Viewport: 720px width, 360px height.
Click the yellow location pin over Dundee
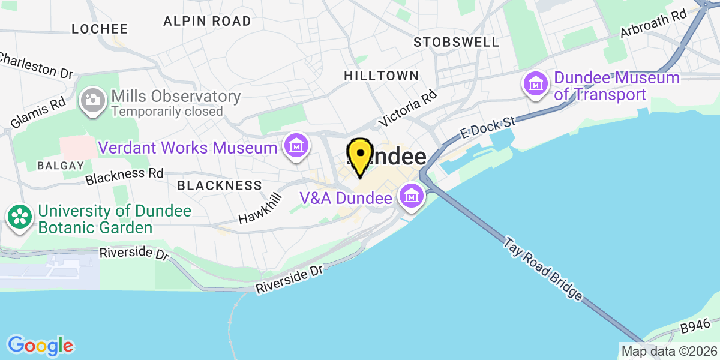click(x=360, y=155)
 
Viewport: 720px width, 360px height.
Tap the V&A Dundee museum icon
click(x=412, y=195)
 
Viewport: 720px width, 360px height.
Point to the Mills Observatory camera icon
click(x=93, y=100)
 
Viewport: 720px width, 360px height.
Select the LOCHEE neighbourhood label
click(x=100, y=29)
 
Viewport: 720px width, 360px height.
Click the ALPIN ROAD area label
click(x=207, y=21)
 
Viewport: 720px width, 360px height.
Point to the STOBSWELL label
click(x=456, y=42)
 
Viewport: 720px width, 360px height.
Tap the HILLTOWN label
click(x=381, y=76)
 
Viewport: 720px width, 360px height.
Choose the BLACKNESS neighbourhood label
click(x=220, y=185)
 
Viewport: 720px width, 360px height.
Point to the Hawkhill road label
click(x=260, y=209)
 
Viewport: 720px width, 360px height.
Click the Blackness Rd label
click(x=124, y=176)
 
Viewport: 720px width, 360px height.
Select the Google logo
click(x=40, y=345)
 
